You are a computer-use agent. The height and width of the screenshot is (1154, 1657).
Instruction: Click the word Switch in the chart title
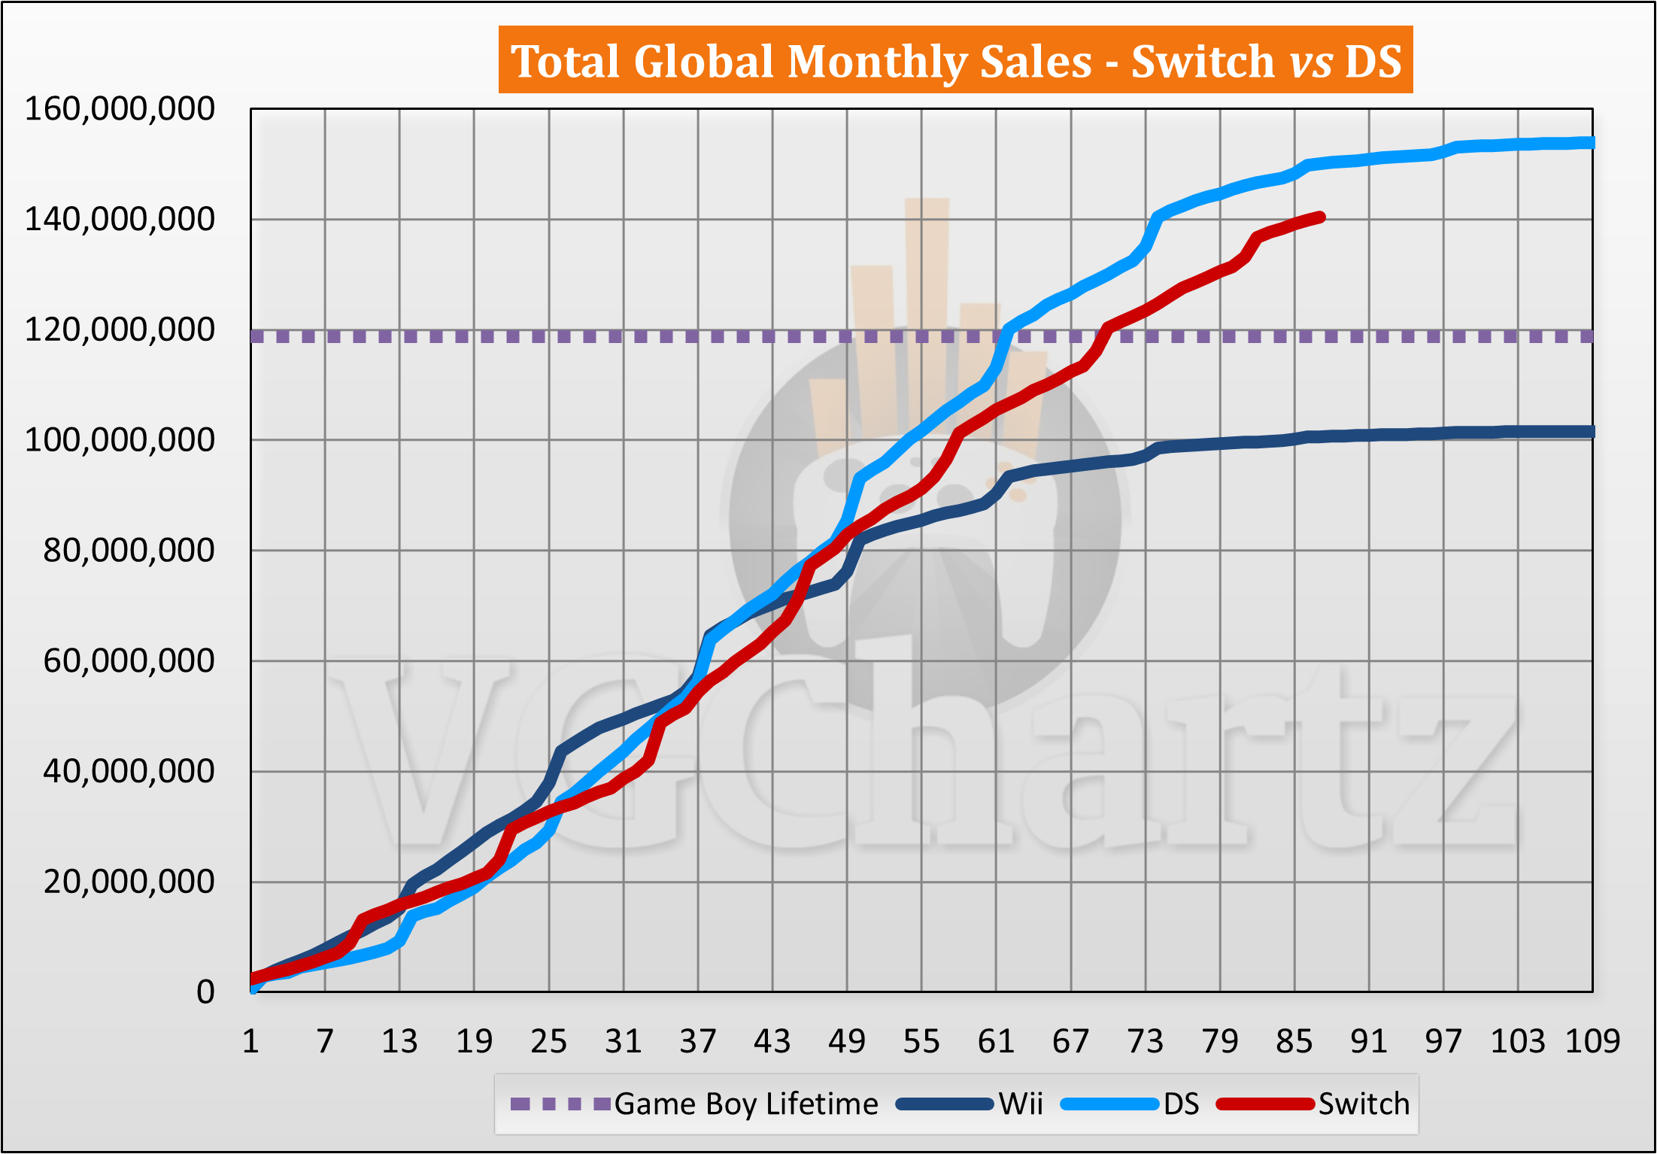click(1202, 61)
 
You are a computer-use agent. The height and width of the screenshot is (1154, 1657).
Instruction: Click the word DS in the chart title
click(1373, 61)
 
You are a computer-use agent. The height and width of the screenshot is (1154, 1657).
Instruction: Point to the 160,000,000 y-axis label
click(120, 109)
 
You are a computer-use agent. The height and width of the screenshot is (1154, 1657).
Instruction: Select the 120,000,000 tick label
click(120, 329)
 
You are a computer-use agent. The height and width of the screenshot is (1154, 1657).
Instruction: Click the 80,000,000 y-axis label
click(129, 551)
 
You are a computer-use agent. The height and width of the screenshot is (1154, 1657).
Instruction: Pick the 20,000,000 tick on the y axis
click(129, 882)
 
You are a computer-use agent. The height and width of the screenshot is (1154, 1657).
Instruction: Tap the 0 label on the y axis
click(205, 992)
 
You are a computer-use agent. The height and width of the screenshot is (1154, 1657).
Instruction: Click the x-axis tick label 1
click(250, 1042)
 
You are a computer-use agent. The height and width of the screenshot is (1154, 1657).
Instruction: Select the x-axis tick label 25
click(548, 1042)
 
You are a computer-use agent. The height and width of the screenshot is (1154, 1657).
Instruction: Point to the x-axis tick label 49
click(847, 1042)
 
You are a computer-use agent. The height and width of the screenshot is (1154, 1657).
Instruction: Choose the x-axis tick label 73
click(1146, 1042)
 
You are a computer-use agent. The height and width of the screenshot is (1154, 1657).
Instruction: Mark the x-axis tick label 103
click(1518, 1042)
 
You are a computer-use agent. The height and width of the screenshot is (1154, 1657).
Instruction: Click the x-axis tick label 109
click(1592, 1042)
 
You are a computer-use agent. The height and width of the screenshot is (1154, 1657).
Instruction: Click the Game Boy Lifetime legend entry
click(745, 1104)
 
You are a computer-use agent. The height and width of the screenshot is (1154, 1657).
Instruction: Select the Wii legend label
click(1021, 1104)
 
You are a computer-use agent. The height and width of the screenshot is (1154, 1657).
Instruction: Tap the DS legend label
click(1181, 1104)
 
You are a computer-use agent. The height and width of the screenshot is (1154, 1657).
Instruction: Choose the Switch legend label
click(1364, 1104)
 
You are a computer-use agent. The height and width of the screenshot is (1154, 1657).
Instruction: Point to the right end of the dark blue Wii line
click(1592, 432)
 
